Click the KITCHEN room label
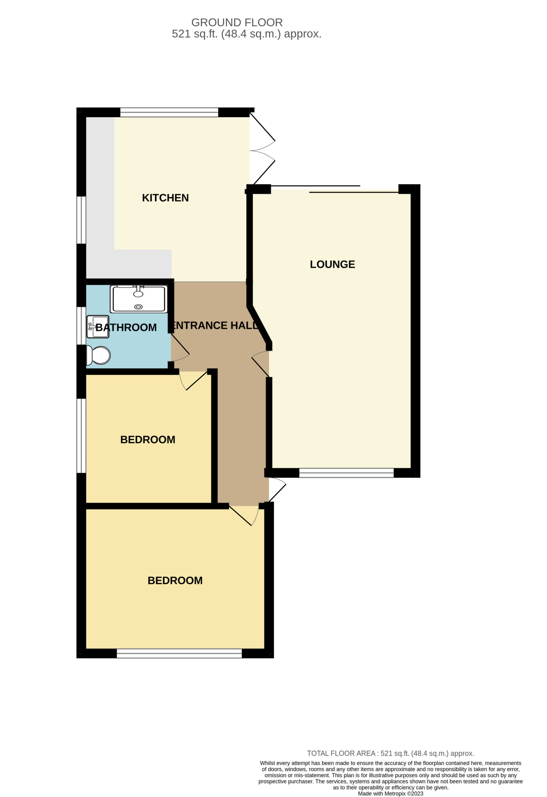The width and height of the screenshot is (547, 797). pyautogui.click(x=165, y=198)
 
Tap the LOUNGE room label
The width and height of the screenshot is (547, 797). pyautogui.click(x=332, y=264)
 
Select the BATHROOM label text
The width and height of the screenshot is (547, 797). pyautogui.click(x=126, y=328)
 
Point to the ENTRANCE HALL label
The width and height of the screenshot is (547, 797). pyautogui.click(x=215, y=325)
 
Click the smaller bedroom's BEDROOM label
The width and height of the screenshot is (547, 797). pyautogui.click(x=148, y=440)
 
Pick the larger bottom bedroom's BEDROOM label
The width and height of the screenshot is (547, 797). pyautogui.click(x=175, y=581)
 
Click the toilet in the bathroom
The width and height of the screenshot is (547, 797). pyautogui.click(x=98, y=355)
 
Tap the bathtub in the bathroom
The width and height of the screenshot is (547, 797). pyautogui.click(x=139, y=299)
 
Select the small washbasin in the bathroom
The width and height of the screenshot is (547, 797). pyautogui.click(x=98, y=327)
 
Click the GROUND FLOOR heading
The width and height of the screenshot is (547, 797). pyautogui.click(x=237, y=23)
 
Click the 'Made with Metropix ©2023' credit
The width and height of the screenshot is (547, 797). pyautogui.click(x=390, y=794)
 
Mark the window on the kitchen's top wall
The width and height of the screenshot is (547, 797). pyautogui.click(x=169, y=112)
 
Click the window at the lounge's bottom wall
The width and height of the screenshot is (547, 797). pyautogui.click(x=347, y=473)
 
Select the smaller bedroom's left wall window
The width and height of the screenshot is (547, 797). pyautogui.click(x=81, y=436)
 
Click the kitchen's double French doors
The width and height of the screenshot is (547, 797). pyautogui.click(x=262, y=151)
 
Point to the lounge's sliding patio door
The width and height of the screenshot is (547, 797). pyautogui.click(x=334, y=189)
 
